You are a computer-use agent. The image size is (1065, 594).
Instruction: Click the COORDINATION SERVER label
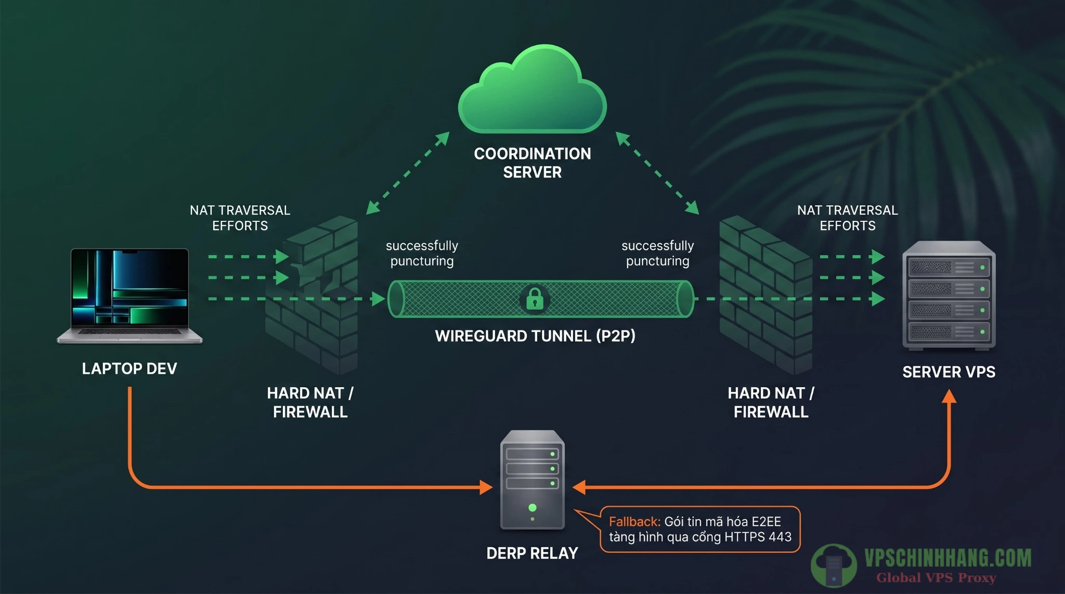tap(532, 163)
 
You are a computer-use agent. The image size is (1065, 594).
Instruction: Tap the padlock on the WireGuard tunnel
tap(535, 299)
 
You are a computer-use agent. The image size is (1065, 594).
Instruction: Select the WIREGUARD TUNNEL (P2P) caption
tap(535, 336)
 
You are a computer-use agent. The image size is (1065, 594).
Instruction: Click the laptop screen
tap(129, 288)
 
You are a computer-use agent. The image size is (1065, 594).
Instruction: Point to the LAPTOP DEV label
tap(129, 368)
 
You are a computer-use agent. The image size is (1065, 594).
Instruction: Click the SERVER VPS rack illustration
tap(949, 295)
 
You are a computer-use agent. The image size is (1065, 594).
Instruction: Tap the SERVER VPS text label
tap(949, 372)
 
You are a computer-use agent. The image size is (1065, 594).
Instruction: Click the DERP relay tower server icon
tap(532, 479)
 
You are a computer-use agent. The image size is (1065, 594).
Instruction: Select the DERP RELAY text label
tap(532, 553)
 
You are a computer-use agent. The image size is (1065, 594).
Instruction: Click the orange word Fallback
tap(634, 522)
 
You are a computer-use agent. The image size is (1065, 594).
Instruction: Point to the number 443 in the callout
tap(780, 537)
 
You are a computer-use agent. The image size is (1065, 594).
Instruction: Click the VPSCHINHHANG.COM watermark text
tap(947, 559)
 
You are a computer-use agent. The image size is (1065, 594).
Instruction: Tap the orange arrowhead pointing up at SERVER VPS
tap(949, 397)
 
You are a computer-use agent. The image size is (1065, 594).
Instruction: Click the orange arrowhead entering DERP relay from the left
tap(486, 487)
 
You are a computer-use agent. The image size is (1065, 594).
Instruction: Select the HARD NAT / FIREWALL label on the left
tap(310, 402)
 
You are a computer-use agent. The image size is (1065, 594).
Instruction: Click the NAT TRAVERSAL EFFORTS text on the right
tap(847, 218)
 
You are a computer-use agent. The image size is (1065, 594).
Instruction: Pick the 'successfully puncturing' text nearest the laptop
tap(422, 253)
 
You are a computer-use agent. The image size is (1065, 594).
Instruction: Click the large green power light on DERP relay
tap(532, 507)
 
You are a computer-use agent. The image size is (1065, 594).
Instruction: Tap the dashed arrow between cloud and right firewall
tap(657, 173)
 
